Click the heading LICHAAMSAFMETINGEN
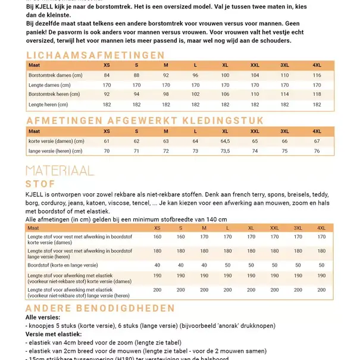tap(95, 55)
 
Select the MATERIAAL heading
tap(60, 171)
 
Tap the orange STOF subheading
tap(40, 184)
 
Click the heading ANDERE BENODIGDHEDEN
tap(100, 308)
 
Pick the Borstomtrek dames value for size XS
tap(107, 76)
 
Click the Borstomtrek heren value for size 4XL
tap(317, 94)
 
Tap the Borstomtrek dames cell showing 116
tap(317, 76)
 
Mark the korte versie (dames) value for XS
tap(107, 141)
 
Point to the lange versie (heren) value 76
tap(317, 151)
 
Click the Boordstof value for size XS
tap(157, 265)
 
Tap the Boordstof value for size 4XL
tap(321, 265)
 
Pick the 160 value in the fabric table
tap(157, 237)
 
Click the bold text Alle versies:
tap(43, 318)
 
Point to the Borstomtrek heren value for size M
tap(166, 94)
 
